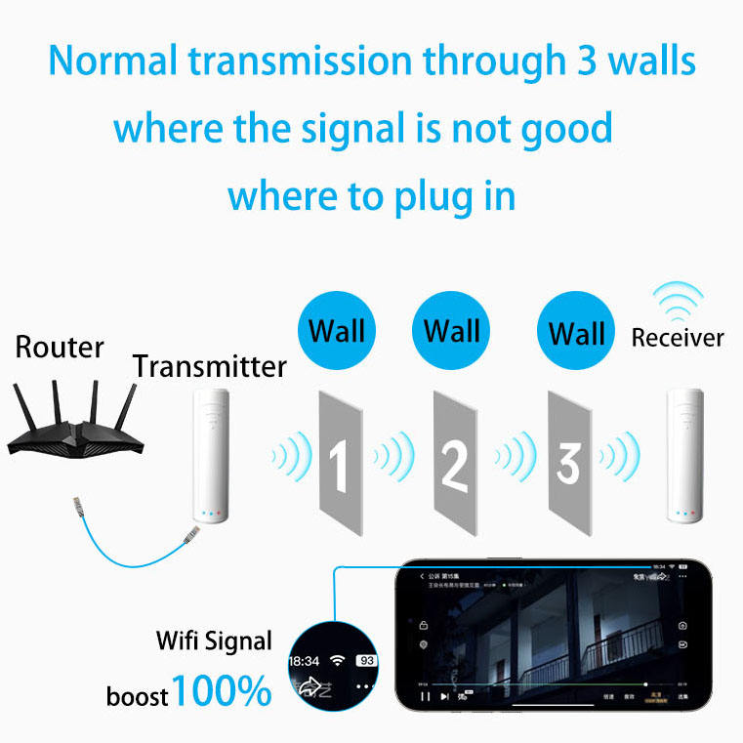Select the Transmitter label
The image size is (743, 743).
pos(210,367)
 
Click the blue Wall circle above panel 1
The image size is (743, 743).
pos(337,329)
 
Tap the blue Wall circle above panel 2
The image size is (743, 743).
pos(452,329)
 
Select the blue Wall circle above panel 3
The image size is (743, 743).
pos(577,333)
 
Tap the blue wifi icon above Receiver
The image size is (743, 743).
pos(678,302)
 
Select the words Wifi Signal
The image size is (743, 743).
pos(215,641)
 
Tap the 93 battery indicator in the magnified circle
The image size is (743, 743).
pos(367,661)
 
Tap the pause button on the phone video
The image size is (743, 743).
pos(424,697)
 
